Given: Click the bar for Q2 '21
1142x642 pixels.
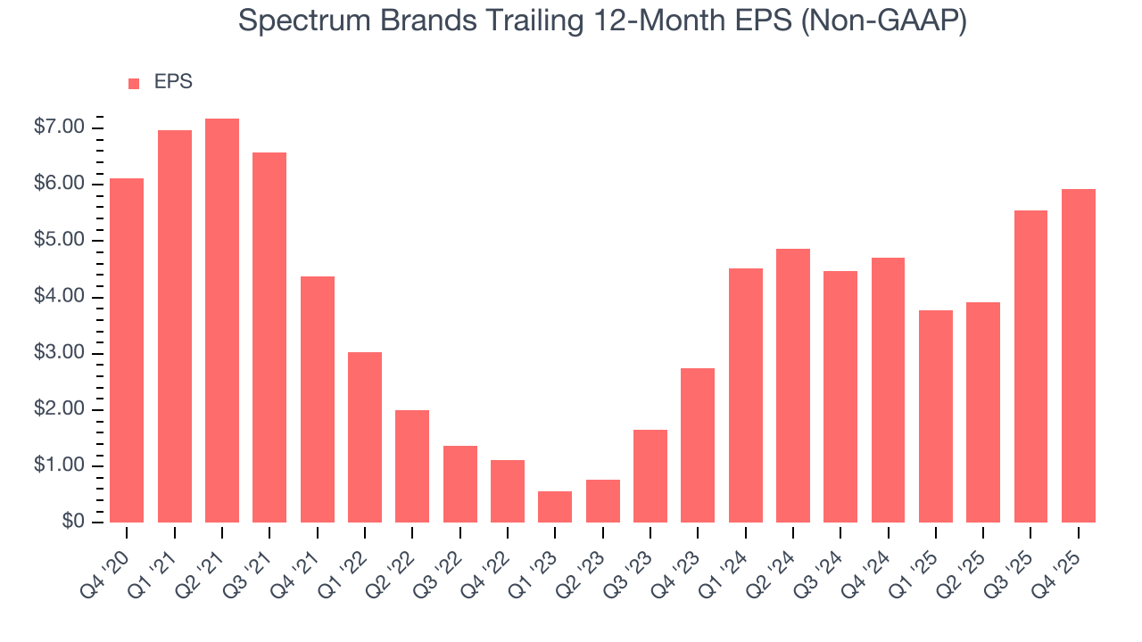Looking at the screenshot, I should point(222,321).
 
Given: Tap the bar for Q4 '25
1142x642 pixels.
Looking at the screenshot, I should point(1078,356).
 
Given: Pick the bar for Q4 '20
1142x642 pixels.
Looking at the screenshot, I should point(127,350).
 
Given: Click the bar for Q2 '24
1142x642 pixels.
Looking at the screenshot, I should point(793,385).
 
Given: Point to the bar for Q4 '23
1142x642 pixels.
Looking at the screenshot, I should point(698,445).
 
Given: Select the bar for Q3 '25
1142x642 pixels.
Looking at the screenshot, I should point(1030,366).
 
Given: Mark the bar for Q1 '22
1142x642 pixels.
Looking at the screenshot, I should point(365,437).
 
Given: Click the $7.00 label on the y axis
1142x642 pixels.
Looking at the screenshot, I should point(61,128).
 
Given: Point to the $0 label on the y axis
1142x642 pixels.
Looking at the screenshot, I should point(73,523).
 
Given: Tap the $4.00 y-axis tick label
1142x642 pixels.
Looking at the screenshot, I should point(61,297).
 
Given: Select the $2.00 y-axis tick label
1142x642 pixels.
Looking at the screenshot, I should point(61,410).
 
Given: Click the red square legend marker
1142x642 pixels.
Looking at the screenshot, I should point(134,84).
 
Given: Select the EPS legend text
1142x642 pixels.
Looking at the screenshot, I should point(173,83).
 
